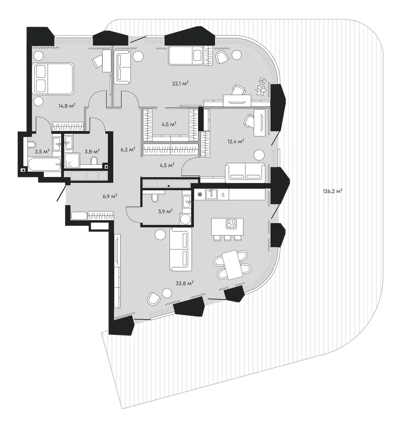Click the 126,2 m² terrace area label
(333, 191)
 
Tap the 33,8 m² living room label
(184, 284)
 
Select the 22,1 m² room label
(180, 84)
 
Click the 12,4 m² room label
(236, 141)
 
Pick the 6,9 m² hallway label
(110, 196)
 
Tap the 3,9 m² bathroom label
(165, 211)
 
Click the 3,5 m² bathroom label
(42, 151)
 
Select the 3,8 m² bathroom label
(92, 151)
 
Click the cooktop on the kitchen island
(231, 223)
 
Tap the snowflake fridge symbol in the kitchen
(200, 195)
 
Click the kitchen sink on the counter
(211, 194)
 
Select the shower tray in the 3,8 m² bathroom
(72, 160)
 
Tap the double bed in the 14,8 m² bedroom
(53, 79)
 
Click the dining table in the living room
(231, 265)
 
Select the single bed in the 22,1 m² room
(186, 56)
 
